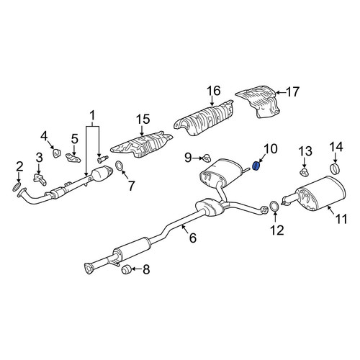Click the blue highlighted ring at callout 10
(x=256, y=166)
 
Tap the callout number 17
(x=292, y=92)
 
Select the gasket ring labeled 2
(x=17, y=187)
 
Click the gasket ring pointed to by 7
(x=120, y=166)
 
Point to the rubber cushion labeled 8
(x=126, y=269)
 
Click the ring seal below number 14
(x=335, y=168)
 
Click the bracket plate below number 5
(x=73, y=158)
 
